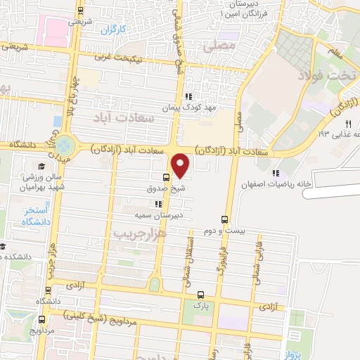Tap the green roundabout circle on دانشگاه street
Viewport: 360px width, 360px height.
(x=64, y=146)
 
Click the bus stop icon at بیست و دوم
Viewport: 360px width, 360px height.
(x=225, y=219)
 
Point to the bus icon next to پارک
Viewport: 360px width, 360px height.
(x=201, y=295)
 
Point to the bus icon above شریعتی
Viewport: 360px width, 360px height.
(x=81, y=10)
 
